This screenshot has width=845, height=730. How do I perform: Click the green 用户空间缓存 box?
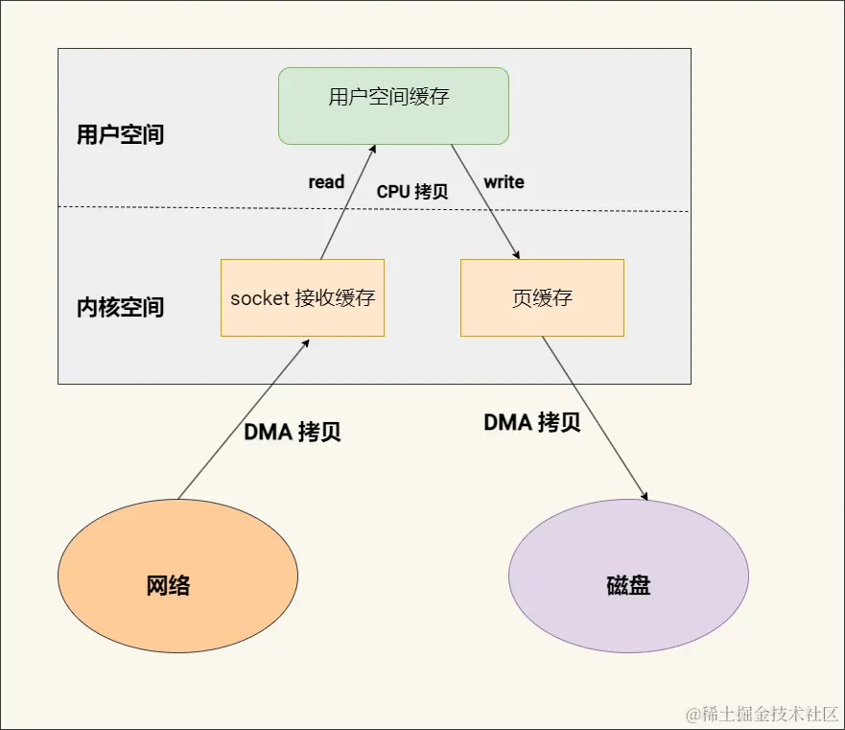point(393,106)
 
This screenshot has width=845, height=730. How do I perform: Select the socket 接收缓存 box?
point(302,297)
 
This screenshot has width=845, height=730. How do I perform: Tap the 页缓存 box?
point(542,297)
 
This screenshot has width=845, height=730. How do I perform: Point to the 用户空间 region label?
point(120,134)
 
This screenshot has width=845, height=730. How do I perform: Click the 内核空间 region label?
point(120,308)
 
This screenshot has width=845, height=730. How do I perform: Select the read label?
point(326,182)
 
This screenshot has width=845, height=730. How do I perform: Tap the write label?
point(504,182)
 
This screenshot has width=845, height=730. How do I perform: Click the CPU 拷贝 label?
point(412,192)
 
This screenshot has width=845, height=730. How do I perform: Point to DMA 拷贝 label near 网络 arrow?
point(293,432)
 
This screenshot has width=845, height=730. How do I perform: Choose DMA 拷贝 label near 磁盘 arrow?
point(532,423)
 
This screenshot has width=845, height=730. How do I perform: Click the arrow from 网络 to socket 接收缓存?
point(245,417)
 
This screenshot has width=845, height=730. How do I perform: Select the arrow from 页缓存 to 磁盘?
point(595,417)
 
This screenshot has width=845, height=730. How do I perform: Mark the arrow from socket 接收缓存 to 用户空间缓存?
point(347,201)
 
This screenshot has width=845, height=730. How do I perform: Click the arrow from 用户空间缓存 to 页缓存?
point(485,201)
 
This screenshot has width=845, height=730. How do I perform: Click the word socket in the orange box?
point(260,297)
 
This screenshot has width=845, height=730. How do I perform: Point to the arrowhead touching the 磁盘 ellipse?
point(645,496)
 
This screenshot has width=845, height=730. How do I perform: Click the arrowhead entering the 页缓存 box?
point(517,255)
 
